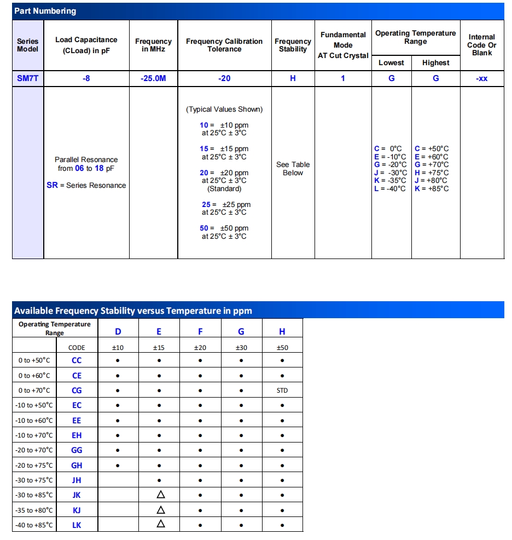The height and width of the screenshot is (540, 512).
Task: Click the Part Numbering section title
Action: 45,11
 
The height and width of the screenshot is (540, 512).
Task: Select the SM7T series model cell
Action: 28,78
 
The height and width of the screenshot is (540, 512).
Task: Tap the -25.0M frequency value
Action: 153,78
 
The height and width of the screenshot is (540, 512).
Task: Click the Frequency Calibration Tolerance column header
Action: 224,45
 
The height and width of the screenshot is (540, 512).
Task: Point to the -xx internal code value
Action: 481,78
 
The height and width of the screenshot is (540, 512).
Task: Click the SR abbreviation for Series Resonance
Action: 52,185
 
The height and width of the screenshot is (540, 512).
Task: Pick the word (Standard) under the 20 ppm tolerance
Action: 224,188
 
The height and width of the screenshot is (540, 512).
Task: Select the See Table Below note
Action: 293,169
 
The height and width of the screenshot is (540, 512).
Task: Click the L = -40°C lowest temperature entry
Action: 390,188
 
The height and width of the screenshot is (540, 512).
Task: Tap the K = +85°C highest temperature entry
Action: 432,188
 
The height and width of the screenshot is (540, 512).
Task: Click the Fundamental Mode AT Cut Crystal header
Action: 343,45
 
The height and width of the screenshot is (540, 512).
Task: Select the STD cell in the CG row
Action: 282,390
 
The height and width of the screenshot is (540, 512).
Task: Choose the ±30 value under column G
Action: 241,348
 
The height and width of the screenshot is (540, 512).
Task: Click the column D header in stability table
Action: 118,331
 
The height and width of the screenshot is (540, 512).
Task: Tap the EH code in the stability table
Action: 77,435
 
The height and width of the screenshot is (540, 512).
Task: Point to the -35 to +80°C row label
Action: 35,510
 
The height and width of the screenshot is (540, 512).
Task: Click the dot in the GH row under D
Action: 118,466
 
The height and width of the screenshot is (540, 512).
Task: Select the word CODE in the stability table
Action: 77,348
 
